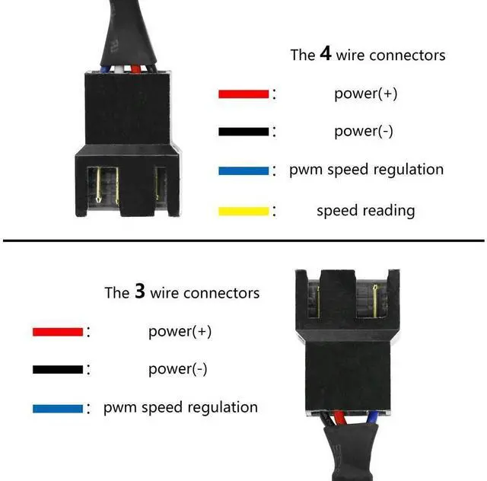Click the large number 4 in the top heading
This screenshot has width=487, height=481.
click(325, 54)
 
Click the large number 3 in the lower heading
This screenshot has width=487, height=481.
click(139, 292)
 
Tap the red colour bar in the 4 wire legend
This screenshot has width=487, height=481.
click(243, 94)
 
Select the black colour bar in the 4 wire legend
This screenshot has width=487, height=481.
click(243, 132)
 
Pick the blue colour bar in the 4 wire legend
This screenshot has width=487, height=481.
click(243, 171)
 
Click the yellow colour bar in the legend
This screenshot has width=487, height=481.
click(243, 211)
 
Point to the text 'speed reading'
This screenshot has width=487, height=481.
click(365, 211)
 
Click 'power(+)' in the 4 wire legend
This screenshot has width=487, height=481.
click(365, 94)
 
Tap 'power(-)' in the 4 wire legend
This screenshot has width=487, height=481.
click(364, 131)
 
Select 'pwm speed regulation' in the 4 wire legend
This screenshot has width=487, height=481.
click(366, 170)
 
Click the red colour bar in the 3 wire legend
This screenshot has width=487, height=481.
click(57, 332)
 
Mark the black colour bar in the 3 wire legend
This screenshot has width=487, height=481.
click(57, 370)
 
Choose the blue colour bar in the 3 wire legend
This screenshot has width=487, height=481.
click(57, 409)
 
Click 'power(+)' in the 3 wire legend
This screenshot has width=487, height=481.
click(180, 331)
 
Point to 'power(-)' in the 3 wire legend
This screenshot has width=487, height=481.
click(177, 369)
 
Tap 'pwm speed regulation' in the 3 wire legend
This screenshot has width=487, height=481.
click(180, 408)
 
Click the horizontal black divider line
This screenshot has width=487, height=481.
click(243, 242)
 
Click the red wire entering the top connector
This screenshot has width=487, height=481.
click(137, 68)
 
